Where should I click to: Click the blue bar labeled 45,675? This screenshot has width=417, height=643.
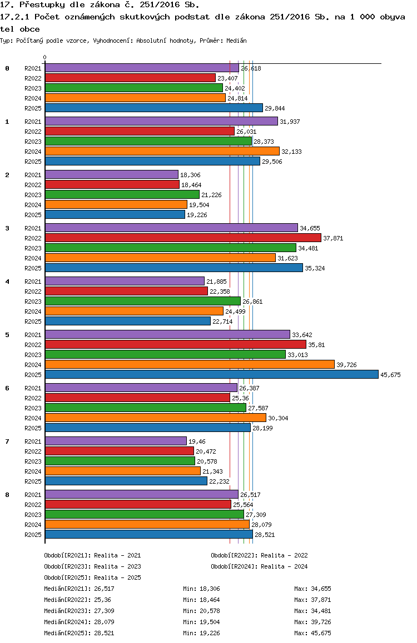point(212,374)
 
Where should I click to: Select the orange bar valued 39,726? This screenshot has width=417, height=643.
point(190,365)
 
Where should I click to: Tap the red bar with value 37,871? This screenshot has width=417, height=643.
point(183,238)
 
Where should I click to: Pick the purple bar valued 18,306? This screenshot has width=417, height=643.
point(112,175)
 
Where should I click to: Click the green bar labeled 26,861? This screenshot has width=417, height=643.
point(143,302)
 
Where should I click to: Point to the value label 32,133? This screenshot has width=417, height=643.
point(291,152)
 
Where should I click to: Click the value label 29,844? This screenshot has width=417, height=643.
point(275,108)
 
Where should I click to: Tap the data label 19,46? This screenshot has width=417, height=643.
point(197,441)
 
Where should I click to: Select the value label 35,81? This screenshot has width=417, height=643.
point(316,345)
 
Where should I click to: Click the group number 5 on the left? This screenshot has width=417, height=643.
point(7,335)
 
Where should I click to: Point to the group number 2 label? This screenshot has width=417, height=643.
point(7,175)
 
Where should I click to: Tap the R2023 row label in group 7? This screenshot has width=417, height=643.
point(33,461)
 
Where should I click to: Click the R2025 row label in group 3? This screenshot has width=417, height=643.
point(33,268)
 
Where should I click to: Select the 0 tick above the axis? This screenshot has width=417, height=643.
point(44,57)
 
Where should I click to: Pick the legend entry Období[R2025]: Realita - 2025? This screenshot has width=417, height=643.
point(92,577)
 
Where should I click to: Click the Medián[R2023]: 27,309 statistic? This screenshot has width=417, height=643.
point(79,611)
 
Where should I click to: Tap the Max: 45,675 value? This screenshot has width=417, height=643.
point(312,633)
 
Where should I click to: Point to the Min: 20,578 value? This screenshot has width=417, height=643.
point(201,611)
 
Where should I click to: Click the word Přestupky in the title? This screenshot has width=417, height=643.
point(42,5)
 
